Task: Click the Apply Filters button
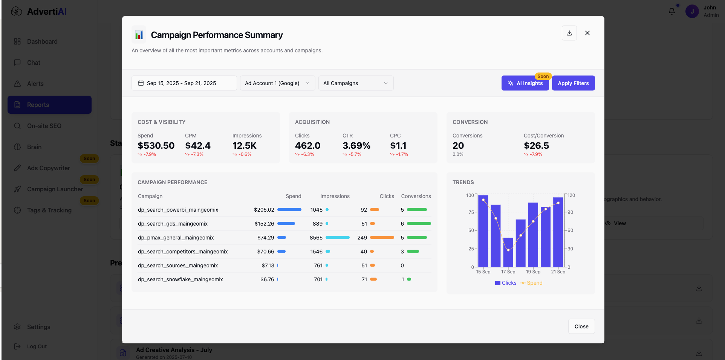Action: pos(573,83)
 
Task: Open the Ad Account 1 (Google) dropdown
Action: pos(277,83)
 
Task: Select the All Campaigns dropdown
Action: pos(356,83)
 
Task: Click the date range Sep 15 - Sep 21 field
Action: pos(184,83)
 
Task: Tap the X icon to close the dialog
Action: pos(587,33)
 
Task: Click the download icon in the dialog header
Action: pos(569,33)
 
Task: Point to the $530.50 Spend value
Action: pos(156,146)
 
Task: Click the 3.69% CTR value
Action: pos(356,146)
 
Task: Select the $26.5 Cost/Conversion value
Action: pos(536,146)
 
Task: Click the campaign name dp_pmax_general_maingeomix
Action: pos(176,238)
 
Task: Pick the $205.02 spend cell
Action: pos(264,210)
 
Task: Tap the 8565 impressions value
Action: pos(316,238)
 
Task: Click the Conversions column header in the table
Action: pos(416,196)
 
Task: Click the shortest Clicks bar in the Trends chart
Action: pos(508,252)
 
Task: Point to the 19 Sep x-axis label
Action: pos(533,272)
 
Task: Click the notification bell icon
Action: pos(672,11)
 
